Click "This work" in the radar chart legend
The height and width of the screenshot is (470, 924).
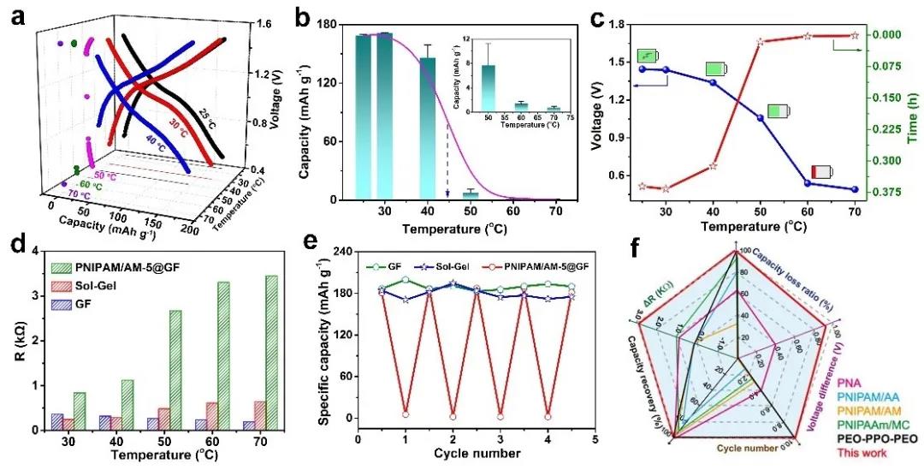coord(865,452)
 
